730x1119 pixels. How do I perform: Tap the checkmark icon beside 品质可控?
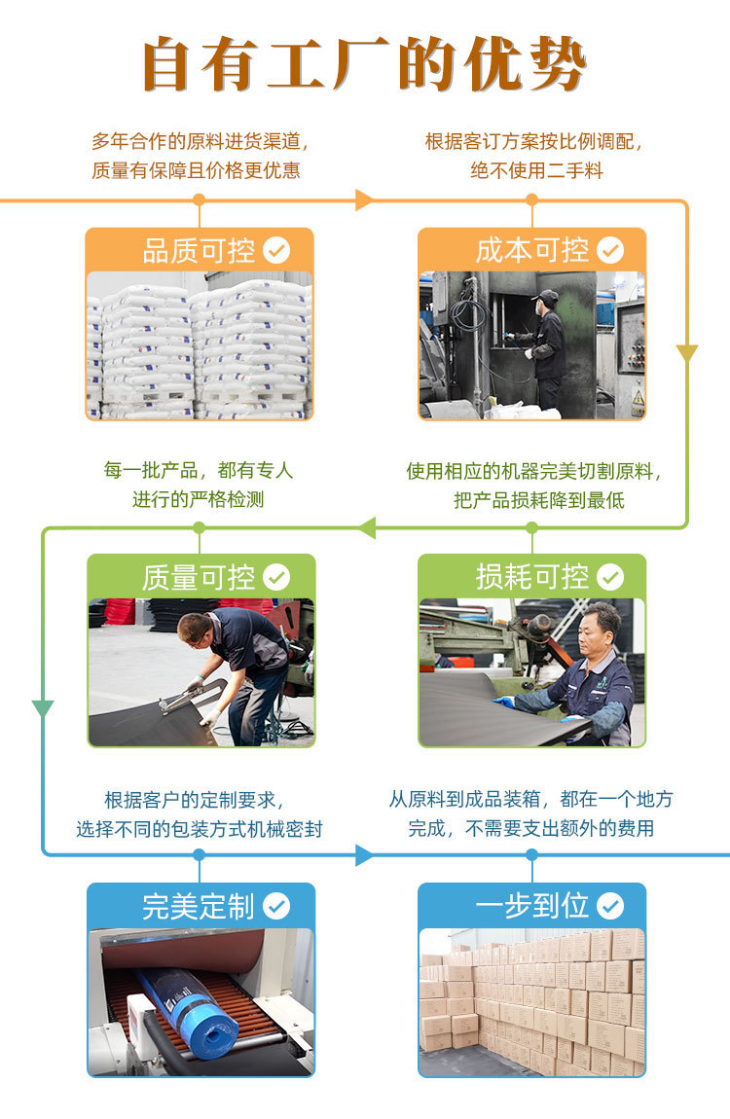click(x=276, y=251)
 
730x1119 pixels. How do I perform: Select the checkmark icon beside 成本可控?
click(x=610, y=251)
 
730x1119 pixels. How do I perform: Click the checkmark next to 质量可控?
click(x=276, y=578)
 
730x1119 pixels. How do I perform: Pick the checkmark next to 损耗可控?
click(x=610, y=578)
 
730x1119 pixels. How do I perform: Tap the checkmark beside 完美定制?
click(x=276, y=907)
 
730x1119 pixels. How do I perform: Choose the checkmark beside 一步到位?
click(x=610, y=907)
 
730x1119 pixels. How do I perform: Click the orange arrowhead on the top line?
click(x=364, y=200)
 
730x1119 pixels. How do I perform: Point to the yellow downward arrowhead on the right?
click(x=687, y=353)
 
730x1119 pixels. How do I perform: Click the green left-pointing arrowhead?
click(x=366, y=528)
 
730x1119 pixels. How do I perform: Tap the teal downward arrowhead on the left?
click(x=43, y=707)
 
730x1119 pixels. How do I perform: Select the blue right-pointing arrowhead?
click(x=364, y=855)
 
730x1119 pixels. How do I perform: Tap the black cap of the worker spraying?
click(x=548, y=295)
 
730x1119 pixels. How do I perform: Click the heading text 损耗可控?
click(x=532, y=578)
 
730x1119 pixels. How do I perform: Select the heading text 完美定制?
click(x=199, y=907)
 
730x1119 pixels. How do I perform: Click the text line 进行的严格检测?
click(x=199, y=500)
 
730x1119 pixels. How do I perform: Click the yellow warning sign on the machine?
click(x=638, y=398)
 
